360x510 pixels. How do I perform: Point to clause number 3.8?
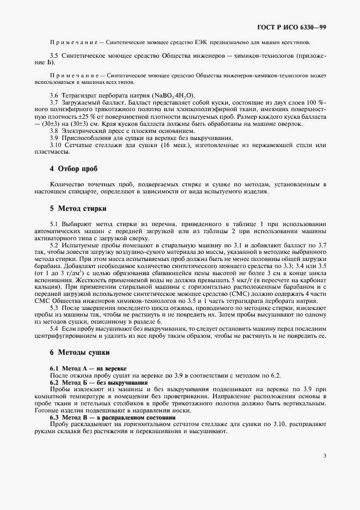click(54, 132)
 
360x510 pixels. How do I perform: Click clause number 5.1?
click(54, 224)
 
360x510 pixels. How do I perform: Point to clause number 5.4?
click(54, 329)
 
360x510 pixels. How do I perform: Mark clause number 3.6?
click(54, 95)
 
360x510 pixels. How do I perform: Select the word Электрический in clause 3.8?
click(83, 132)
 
